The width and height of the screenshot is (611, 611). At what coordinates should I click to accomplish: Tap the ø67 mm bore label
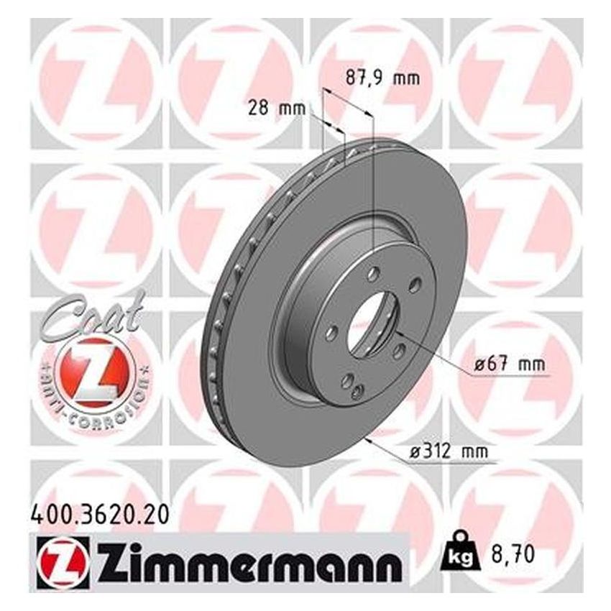(509, 365)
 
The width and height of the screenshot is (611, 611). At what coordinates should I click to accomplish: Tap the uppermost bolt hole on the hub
(372, 274)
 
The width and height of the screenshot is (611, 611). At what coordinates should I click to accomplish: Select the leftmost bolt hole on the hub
(331, 331)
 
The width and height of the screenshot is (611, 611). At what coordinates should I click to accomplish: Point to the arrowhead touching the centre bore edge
(398, 334)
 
